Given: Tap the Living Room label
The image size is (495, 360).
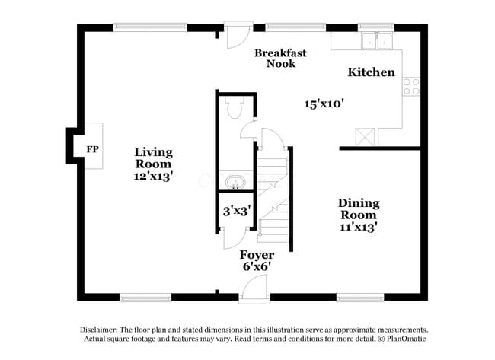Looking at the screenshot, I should point(153,158).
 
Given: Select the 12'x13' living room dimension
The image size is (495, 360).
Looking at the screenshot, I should point(153,175).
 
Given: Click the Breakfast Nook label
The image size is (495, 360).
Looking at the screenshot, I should point(280,58).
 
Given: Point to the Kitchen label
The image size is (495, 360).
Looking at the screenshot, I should point(372,72).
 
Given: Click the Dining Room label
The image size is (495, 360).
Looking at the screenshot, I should point(359,209).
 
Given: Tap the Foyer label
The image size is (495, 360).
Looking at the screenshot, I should point(257,254).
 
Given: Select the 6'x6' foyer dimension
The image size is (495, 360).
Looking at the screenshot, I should point(257,266).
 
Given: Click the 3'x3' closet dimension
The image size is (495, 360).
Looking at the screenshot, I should point(236,210).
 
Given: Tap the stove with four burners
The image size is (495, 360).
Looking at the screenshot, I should point(411,86).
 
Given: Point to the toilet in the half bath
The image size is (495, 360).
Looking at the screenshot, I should point(234,110).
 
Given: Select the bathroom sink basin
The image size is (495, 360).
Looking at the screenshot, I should point(235,183).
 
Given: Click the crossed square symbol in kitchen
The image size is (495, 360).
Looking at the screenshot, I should point(366,135).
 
